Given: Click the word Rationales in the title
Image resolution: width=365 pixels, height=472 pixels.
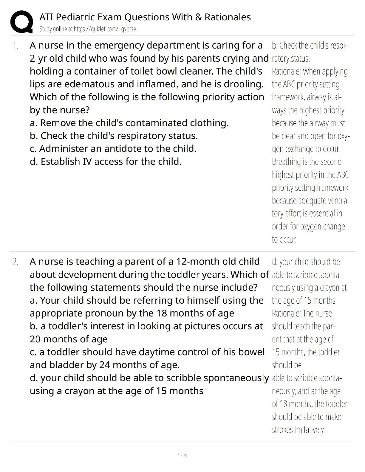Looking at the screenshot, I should pos(228,17).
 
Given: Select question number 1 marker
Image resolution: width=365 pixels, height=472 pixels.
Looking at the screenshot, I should pos(15,46).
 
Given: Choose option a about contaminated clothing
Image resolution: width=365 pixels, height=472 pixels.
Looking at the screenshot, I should pos(129,123).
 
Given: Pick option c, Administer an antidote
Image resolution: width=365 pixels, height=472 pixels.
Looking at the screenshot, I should pos(113,149).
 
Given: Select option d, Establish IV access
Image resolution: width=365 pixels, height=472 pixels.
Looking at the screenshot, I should pos(106,162).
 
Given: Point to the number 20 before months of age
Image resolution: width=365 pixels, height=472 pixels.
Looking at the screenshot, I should pos(35,339).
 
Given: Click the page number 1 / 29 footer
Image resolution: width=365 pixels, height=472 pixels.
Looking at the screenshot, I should pos(182,456).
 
